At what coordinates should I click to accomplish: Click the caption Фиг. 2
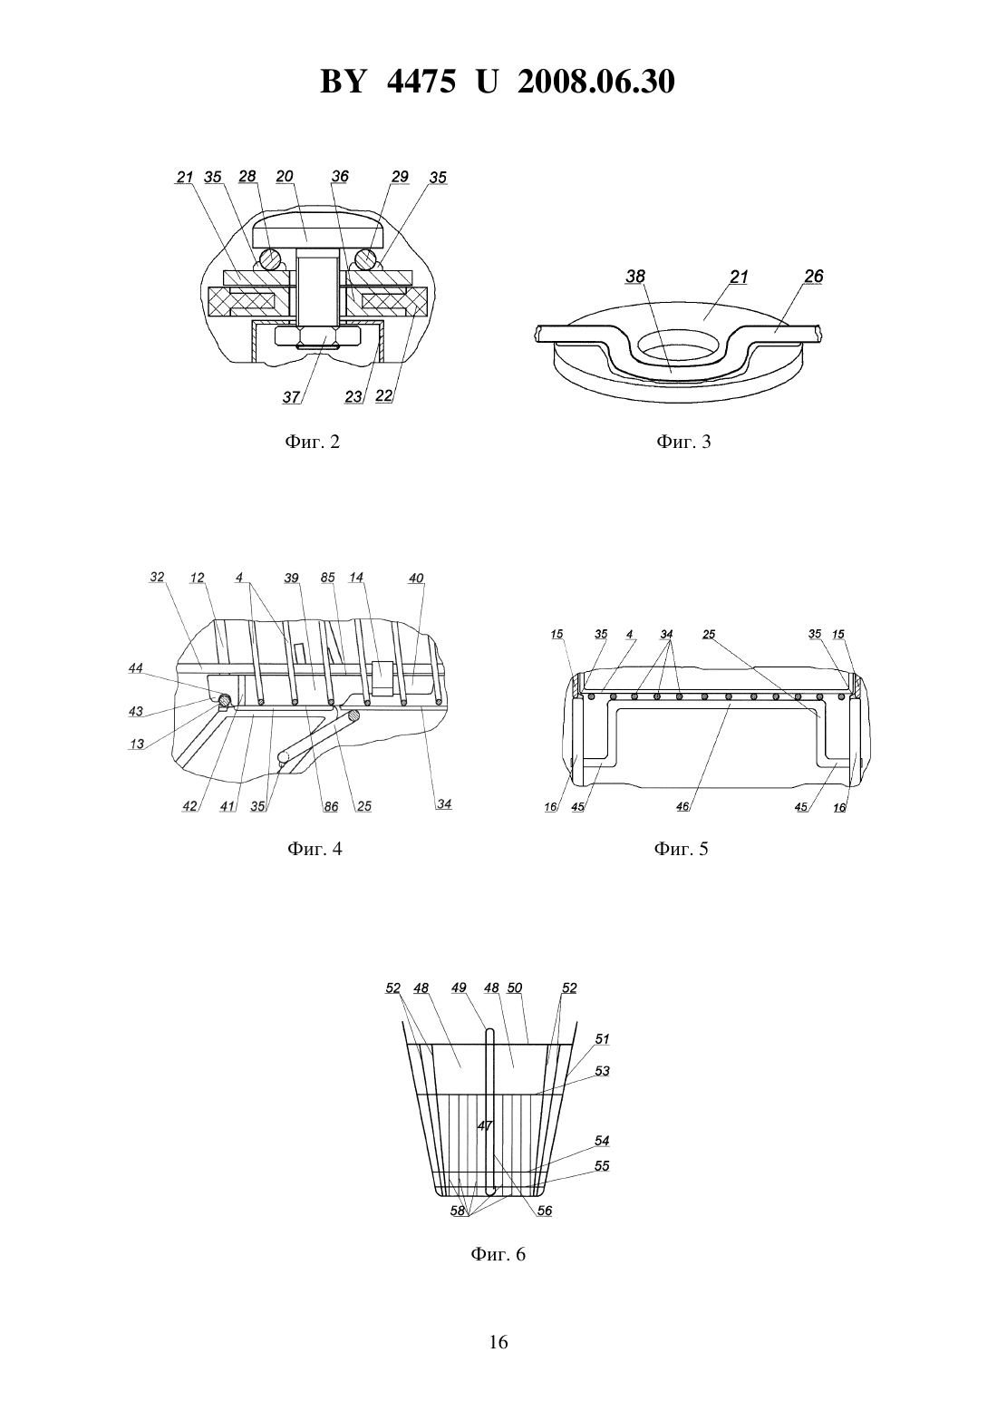point(312,442)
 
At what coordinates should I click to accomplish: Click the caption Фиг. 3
point(683,442)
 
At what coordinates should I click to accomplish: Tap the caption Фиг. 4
point(315,849)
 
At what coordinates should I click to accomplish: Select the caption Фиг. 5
point(681,849)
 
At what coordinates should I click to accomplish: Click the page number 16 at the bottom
point(498,1342)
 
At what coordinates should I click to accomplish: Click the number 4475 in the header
point(421,82)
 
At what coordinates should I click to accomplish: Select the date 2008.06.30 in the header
point(596,82)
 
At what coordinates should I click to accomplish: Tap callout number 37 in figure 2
point(291,397)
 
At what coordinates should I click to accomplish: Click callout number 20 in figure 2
point(285,176)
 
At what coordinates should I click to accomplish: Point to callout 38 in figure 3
point(635,276)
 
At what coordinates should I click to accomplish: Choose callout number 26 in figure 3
point(814,276)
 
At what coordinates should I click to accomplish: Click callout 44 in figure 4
point(135,667)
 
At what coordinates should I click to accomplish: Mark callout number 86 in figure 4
point(331,806)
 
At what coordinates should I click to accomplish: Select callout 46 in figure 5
point(682,806)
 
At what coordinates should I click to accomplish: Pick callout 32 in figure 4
point(158,577)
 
